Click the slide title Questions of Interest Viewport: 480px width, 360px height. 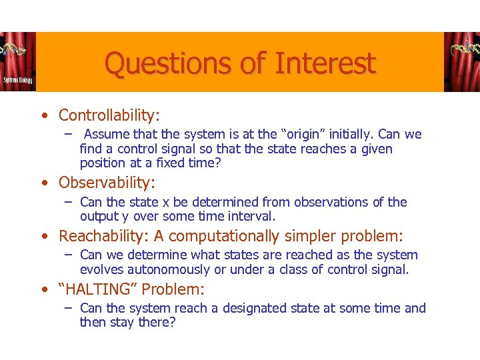[x=240, y=64]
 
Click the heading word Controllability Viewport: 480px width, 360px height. [x=108, y=115]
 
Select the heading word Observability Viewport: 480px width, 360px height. [x=105, y=182]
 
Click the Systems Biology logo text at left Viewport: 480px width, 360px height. [x=17, y=79]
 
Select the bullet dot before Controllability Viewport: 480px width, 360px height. [x=43, y=116]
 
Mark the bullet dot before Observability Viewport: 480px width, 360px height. [x=43, y=183]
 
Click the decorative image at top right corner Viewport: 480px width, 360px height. [x=461, y=61]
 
